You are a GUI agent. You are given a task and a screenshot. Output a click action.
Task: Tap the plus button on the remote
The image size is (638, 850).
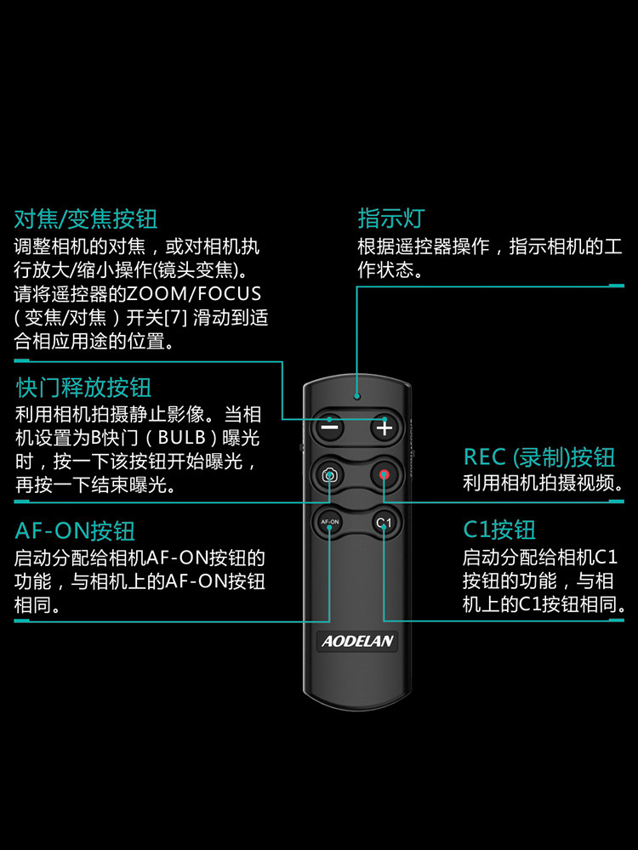point(385,428)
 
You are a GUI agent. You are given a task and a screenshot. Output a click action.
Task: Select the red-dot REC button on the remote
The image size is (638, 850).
point(385,475)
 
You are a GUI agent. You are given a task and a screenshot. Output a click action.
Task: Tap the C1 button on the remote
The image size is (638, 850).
point(385,522)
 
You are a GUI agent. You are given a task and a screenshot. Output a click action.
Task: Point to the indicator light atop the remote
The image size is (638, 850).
point(357,396)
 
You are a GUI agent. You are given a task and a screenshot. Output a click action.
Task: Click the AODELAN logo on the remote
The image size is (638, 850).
point(357,641)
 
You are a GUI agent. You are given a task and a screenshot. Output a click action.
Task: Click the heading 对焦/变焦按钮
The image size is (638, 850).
point(86,218)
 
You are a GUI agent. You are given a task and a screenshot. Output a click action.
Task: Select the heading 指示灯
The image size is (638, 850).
point(390,218)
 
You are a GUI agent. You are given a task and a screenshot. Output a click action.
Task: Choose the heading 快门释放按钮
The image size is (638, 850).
point(83,388)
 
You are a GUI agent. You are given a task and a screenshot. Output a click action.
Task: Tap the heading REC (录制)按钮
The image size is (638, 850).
point(538,457)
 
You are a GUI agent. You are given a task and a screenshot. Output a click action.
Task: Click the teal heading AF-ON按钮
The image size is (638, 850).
point(75,531)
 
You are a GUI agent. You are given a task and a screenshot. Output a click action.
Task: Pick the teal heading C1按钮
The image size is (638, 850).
point(498,531)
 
